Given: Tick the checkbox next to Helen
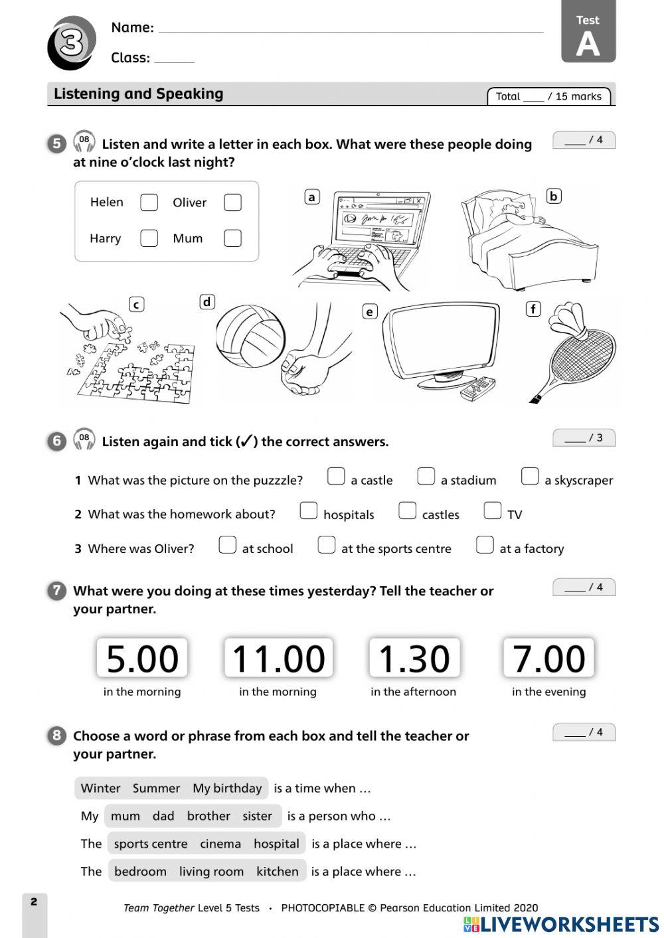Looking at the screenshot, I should pos(149,202).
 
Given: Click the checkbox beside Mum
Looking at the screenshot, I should pos(232,238).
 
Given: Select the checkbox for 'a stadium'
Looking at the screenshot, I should pos(426,477).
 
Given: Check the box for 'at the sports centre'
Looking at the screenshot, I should pos(326,545).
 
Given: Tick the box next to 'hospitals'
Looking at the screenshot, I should pos(308,510).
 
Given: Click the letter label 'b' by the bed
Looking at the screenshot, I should pos(553,196).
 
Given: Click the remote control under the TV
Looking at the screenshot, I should pos(477,388).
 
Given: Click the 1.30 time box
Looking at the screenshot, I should pos(414,659).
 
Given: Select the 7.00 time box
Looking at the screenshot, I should pos(548,659).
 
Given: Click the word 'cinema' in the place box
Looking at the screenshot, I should pos(220,844).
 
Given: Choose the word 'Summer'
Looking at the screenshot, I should pos(156,788).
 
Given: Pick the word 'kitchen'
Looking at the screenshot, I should pos(277,872).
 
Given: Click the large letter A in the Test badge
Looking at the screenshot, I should pos(588,44).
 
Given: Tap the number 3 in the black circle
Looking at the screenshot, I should pos(71,43).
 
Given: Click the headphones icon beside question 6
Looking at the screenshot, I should pos(84,439).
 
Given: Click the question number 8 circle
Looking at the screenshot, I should pos(56,735).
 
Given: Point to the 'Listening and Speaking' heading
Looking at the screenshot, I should pos(138,94).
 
